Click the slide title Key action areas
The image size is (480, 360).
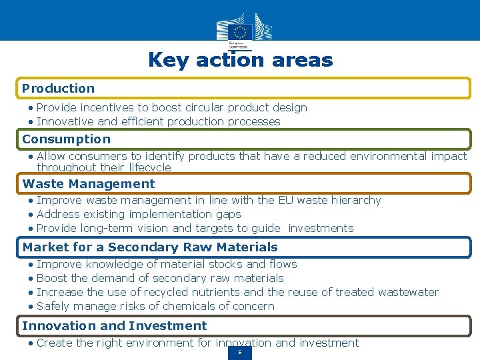(x=240, y=60)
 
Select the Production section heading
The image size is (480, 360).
(x=59, y=88)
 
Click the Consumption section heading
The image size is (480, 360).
(x=67, y=139)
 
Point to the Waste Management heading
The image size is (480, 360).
(x=89, y=183)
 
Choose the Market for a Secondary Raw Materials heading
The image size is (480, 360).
(x=150, y=247)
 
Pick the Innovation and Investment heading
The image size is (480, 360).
(x=115, y=325)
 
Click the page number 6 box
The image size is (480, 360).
(x=240, y=352)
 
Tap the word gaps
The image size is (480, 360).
(x=228, y=214)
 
